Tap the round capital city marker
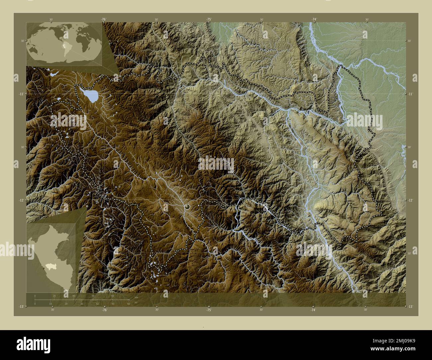[187, 207]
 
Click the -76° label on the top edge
[104, 20]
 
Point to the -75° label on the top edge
[209, 20]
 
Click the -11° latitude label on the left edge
[21, 94]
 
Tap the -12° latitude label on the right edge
[411, 200]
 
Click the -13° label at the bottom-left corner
[21, 307]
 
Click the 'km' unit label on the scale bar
[136, 297]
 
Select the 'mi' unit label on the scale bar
[136, 302]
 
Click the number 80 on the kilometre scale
[113, 295]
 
